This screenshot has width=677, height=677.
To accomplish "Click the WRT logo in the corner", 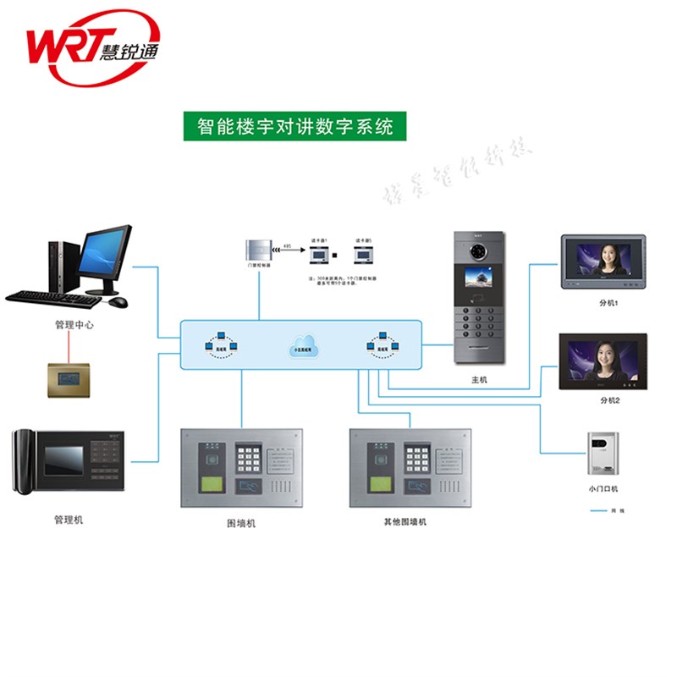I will pyautogui.click(x=93, y=49).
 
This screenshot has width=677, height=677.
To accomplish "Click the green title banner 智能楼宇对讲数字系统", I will pyautogui.click(x=294, y=127).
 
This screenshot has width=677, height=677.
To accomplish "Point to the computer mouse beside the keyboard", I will pyautogui.click(x=118, y=301).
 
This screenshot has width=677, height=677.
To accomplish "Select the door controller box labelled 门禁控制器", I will pyautogui.click(x=259, y=250).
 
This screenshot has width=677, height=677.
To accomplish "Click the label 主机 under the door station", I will pyautogui.click(x=480, y=381).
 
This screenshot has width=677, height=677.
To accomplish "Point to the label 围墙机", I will pyautogui.click(x=241, y=523).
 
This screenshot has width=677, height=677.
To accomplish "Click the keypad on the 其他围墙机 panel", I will pyautogui.click(x=416, y=458).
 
